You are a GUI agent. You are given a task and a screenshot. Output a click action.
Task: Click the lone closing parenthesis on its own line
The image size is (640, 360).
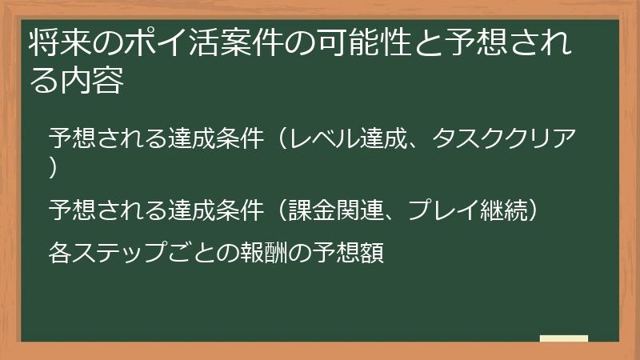53,167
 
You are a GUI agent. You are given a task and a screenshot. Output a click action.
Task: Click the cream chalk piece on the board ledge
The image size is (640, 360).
563,339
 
